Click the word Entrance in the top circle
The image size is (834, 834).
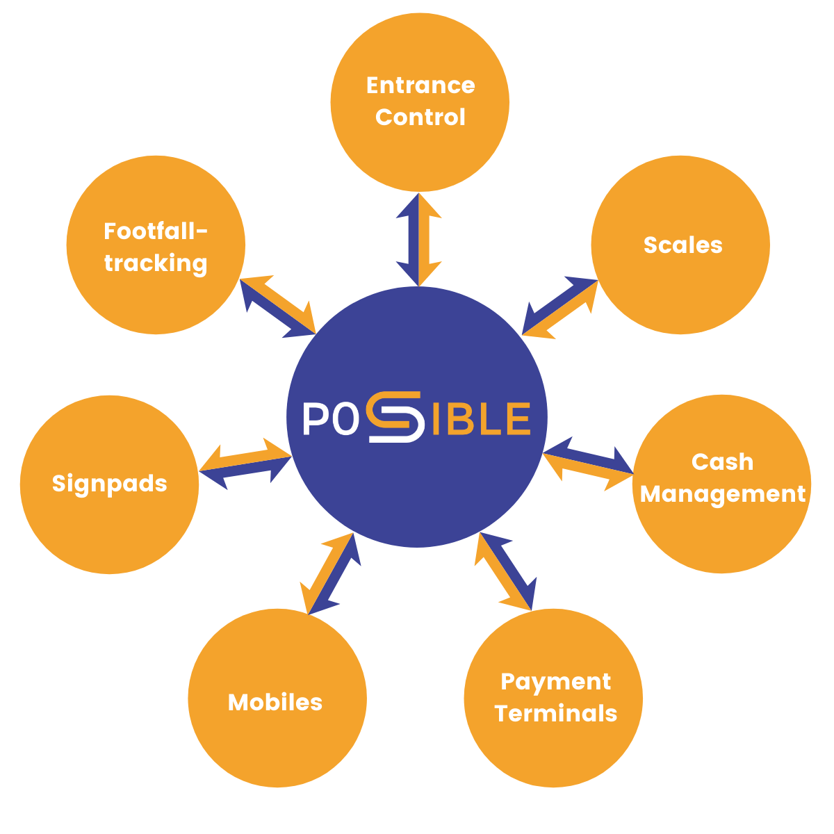click(x=420, y=85)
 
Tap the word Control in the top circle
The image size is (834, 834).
click(x=420, y=117)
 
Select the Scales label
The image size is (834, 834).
click(x=682, y=245)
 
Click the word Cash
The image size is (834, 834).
click(x=722, y=461)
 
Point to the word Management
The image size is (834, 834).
click(x=723, y=493)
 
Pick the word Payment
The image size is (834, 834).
click(x=555, y=682)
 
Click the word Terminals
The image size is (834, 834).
click(x=555, y=714)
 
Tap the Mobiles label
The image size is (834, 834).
click(x=275, y=702)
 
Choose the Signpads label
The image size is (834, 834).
click(x=110, y=483)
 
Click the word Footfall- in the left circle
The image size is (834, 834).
click(x=156, y=231)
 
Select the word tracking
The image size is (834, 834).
click(x=156, y=263)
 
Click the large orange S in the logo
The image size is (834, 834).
click(x=395, y=417)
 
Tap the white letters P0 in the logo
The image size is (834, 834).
click(x=325, y=419)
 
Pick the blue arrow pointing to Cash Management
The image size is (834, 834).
click(x=591, y=455)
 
